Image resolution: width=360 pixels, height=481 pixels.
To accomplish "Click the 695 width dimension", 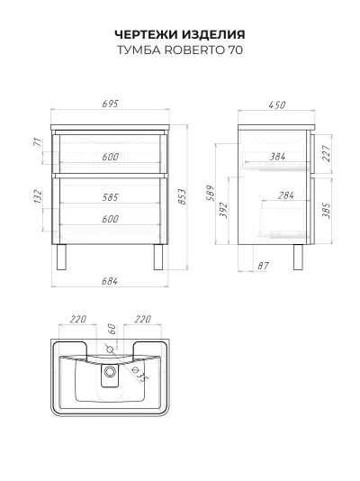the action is click(x=110, y=104).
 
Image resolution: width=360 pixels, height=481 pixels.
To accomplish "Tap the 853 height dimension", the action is click(x=182, y=197).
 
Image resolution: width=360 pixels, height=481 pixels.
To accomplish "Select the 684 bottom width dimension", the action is click(x=110, y=281).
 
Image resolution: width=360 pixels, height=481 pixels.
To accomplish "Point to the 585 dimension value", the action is click(x=110, y=197).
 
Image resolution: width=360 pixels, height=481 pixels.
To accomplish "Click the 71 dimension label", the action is click(x=37, y=142).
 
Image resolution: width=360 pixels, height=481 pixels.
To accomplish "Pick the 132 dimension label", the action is click(x=38, y=196).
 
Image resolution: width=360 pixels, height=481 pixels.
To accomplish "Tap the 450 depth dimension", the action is click(x=277, y=104).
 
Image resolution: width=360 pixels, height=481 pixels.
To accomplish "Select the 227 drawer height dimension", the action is click(x=327, y=153).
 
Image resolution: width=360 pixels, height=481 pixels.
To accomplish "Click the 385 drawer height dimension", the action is click(x=327, y=211).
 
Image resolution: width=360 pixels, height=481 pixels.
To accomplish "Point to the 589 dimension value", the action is click(x=211, y=193).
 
